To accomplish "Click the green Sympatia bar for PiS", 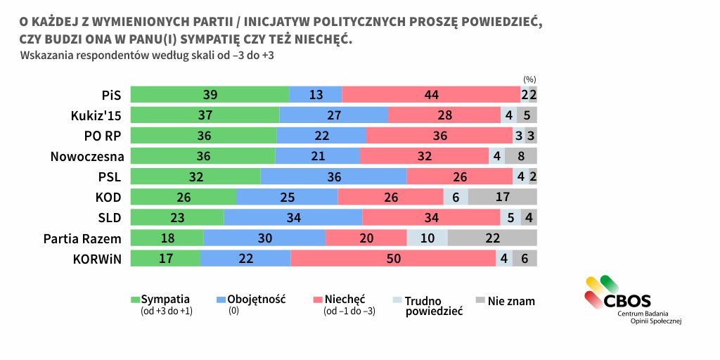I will click(210, 95).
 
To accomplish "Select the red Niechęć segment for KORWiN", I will click(393, 259).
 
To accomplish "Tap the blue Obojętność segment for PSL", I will click(333, 176).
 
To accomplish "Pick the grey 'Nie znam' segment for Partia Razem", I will click(491, 238).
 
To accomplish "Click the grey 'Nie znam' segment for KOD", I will click(502, 197).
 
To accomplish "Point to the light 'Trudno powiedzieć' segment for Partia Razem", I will click(427, 238).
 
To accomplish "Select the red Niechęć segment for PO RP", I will click(439, 136).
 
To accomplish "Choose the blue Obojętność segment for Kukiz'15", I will click(333, 115).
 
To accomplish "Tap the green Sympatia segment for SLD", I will click(177, 218).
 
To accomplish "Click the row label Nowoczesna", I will click(87, 156).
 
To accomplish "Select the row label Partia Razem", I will click(83, 238).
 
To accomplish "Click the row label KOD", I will click(110, 197).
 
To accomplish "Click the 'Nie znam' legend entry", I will click(510, 301).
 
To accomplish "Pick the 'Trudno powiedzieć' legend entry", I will click(434, 306).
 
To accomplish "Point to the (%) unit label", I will click(529, 79).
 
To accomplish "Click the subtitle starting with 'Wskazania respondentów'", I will click(147, 55).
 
